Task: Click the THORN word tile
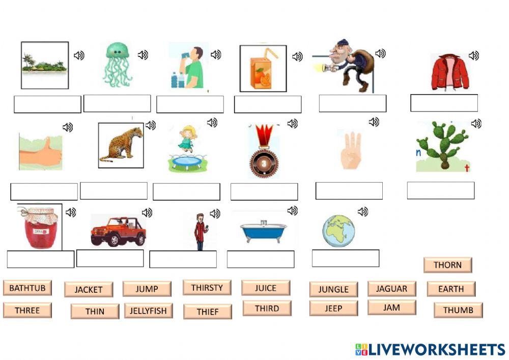447,265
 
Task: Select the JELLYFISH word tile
148,311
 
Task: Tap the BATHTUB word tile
27,288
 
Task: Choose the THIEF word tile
207,312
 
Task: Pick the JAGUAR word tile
391,289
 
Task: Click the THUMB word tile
458,310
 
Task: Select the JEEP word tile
333,308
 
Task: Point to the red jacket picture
450,72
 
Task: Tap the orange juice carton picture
263,69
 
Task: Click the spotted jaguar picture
121,145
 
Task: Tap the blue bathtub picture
263,231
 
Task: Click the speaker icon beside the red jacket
474,56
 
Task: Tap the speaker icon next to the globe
362,211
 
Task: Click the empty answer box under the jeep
110,258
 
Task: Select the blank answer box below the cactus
440,190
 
